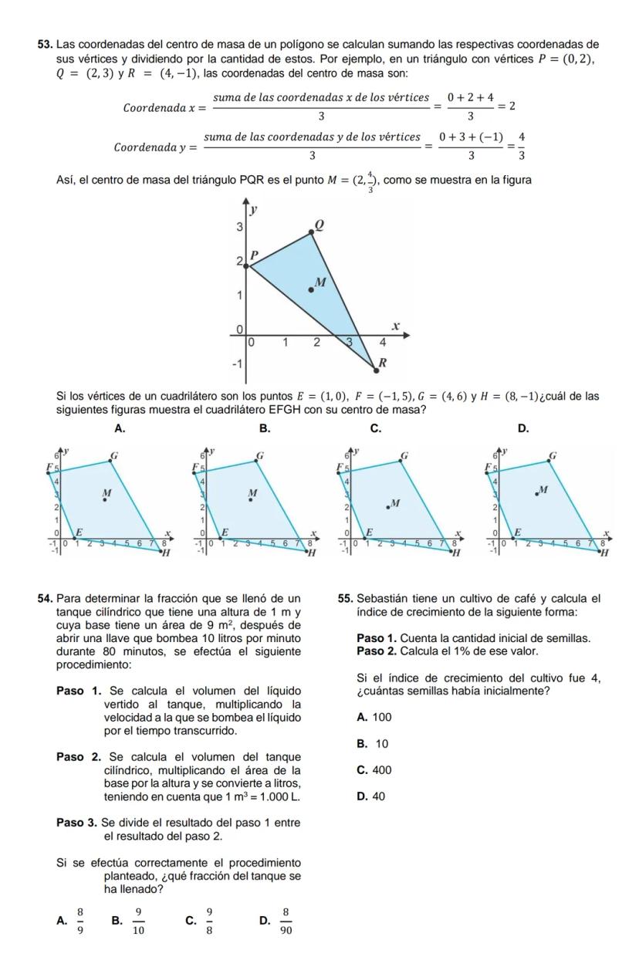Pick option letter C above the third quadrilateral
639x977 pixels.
pos(375,428)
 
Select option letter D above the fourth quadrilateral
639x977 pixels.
pos(522,428)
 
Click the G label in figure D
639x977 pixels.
pos(553,455)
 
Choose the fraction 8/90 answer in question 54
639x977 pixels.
pos(286,919)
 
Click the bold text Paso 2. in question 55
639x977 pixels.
pos(380,651)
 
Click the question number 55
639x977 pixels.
pos(345,598)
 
